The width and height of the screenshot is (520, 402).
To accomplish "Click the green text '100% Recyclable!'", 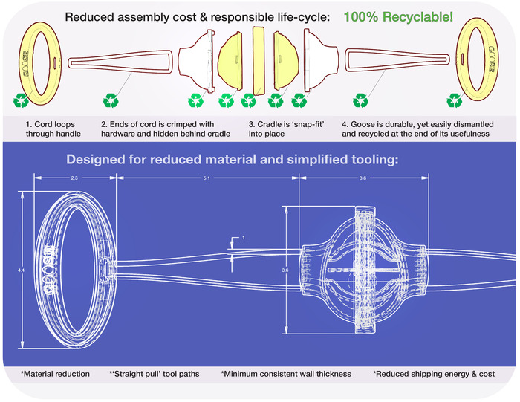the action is [x=398, y=16].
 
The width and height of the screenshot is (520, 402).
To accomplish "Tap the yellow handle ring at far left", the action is [x=25, y=63].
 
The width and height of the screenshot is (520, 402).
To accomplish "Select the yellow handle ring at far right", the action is [x=494, y=59].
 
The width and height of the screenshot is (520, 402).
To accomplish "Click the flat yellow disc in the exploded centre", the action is [x=259, y=61].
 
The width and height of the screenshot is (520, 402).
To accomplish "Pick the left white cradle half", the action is [x=195, y=60].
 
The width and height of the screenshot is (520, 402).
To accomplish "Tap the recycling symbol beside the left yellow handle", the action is [x=22, y=100].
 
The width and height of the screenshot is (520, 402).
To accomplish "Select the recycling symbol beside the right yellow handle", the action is [x=454, y=100].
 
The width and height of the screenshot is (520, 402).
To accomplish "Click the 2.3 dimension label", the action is [x=74, y=178].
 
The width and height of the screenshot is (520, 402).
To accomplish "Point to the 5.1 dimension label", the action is [x=207, y=178].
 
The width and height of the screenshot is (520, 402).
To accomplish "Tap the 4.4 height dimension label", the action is [x=21, y=270].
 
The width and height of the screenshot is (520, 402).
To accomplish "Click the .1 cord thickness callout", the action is [x=243, y=238].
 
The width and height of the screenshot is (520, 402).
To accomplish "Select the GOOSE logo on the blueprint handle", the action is [x=50, y=270].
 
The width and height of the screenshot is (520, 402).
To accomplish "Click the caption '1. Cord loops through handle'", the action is [x=53, y=129].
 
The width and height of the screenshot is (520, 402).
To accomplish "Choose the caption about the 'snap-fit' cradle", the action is [x=287, y=129].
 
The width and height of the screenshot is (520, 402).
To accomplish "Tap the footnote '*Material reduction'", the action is [x=55, y=374].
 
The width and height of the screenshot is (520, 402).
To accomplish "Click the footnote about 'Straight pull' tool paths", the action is [x=155, y=374].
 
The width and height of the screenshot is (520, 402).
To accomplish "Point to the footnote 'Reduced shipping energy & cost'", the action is [x=434, y=374].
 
